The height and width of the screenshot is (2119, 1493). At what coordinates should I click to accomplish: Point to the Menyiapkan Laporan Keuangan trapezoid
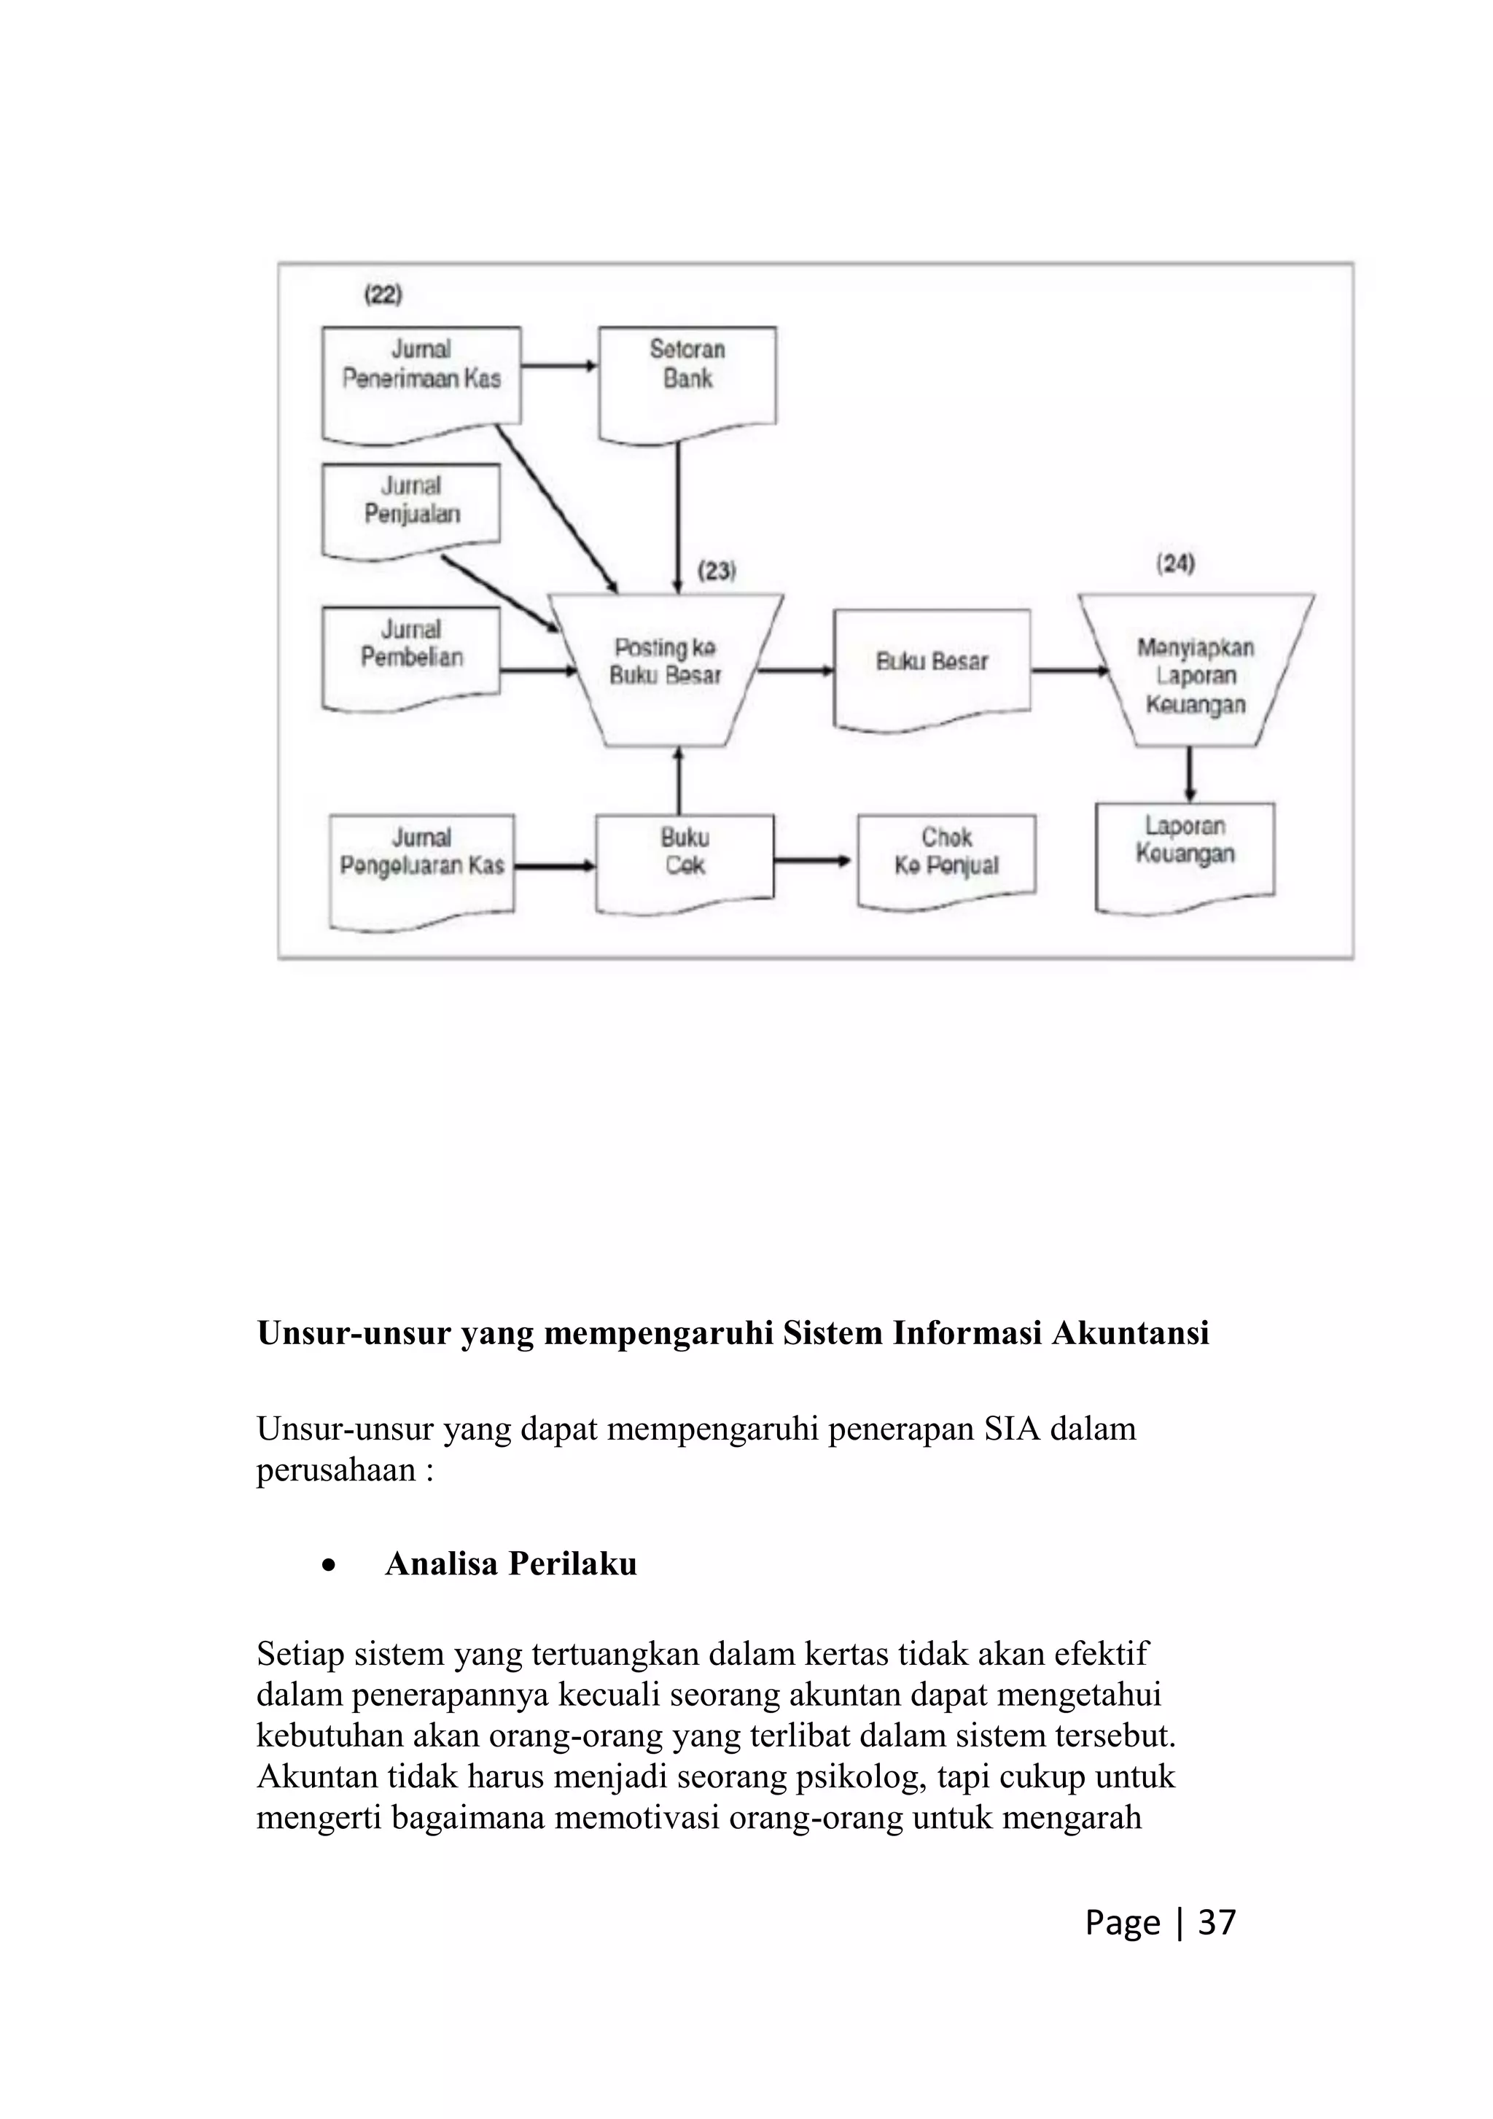click(1195, 674)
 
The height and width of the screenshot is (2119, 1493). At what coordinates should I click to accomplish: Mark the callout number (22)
click(383, 295)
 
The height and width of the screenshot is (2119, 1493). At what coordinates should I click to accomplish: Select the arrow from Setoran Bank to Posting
click(678, 517)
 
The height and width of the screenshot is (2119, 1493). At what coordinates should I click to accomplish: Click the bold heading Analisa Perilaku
click(510, 1564)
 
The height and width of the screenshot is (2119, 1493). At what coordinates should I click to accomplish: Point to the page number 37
click(1216, 1922)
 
